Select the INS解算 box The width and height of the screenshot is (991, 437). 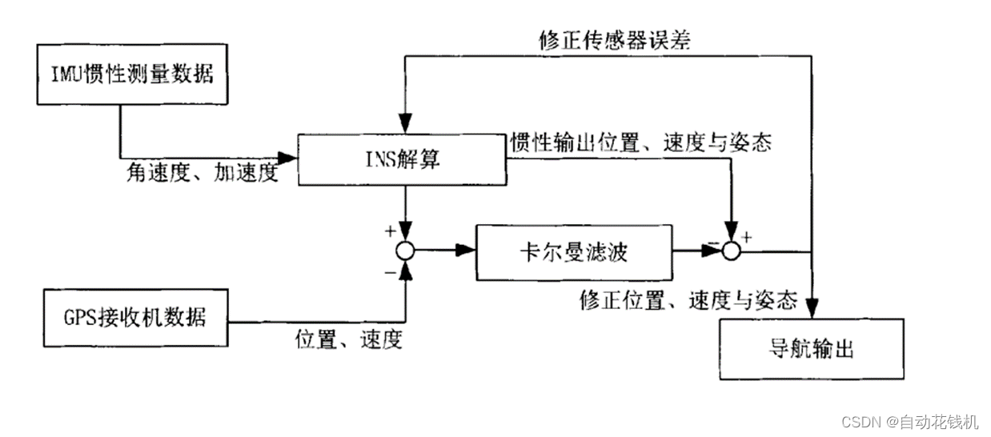[402, 160]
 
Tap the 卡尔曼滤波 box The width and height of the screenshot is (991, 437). [573, 252]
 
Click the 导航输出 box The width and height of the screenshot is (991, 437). [812, 349]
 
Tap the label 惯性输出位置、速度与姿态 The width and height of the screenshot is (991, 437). [640, 142]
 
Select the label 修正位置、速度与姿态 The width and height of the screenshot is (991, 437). [688, 300]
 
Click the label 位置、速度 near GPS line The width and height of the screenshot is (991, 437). [348, 339]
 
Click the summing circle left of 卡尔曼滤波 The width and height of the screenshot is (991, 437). [407, 251]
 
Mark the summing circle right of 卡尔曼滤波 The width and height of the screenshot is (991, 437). [730, 251]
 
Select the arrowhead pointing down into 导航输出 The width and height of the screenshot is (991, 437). [812, 307]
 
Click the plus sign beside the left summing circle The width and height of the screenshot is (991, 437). [391, 231]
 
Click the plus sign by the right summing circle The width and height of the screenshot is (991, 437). [748, 237]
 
